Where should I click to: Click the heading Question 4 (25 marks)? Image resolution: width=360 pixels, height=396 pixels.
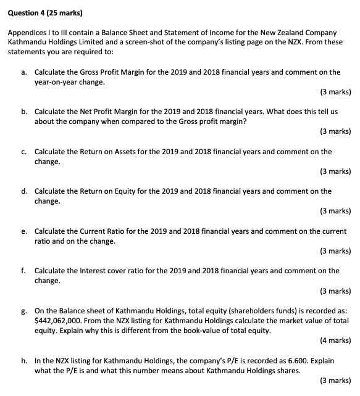43,12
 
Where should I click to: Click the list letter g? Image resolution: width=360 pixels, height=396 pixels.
23,310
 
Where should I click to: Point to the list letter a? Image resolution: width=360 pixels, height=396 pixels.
23,72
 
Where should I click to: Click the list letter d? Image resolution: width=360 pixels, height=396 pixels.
23,191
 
